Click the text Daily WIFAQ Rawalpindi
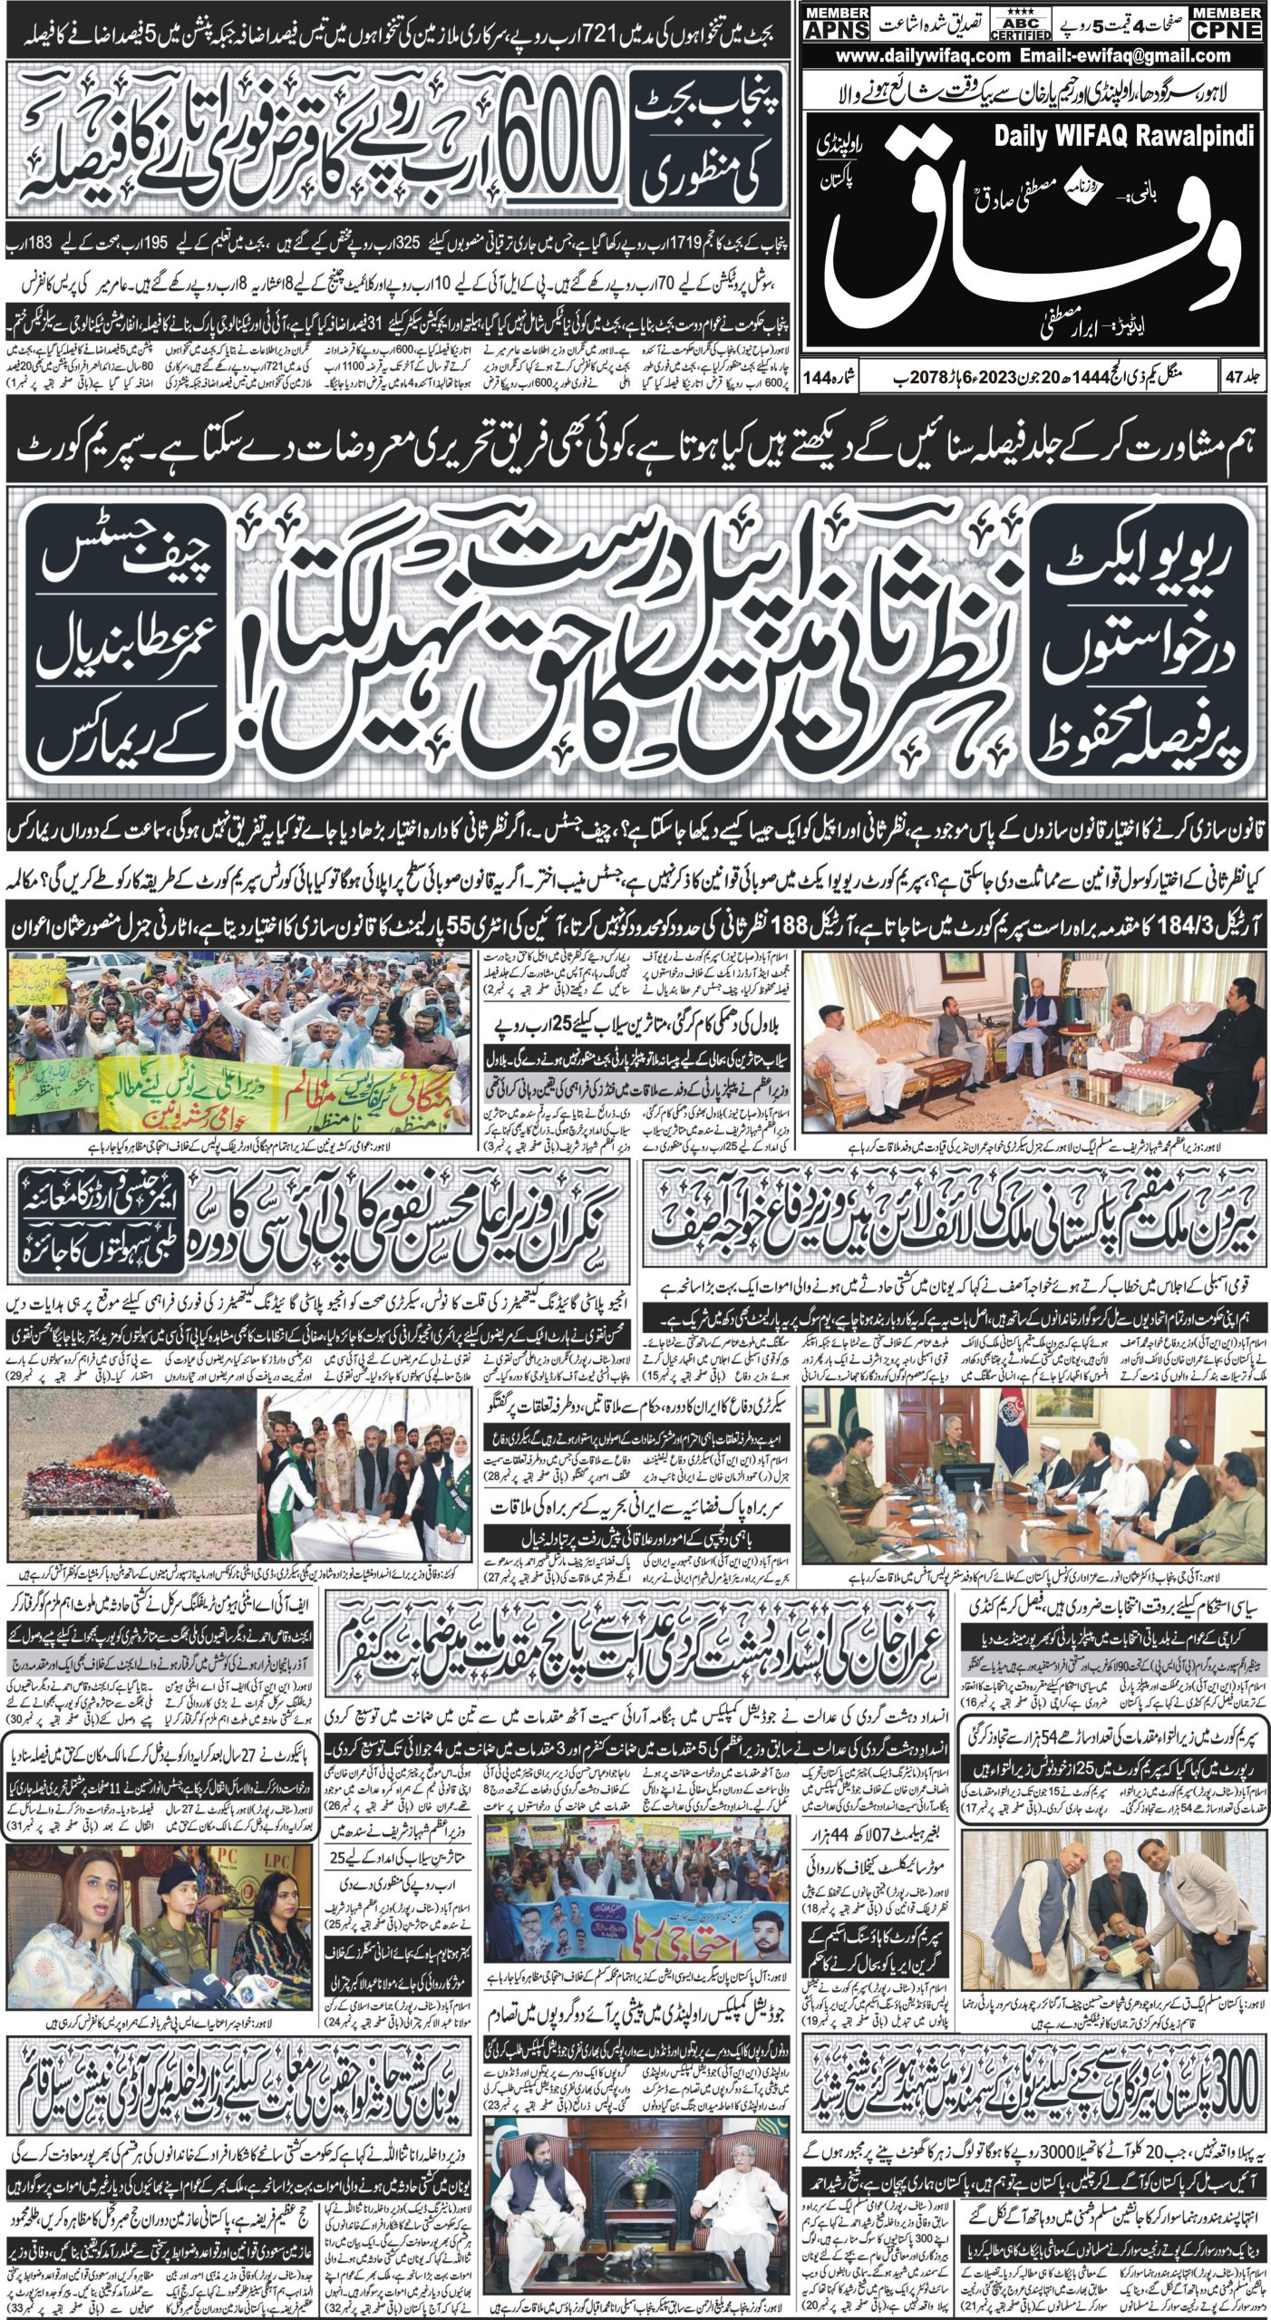[x=1124, y=137]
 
